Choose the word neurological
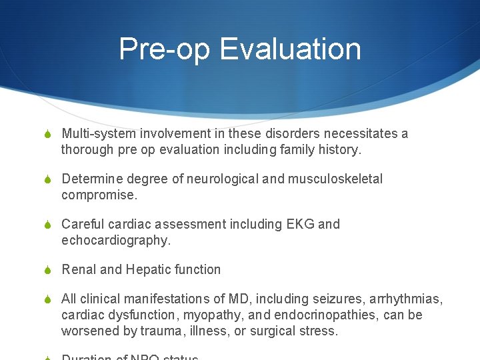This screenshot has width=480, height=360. coord(219,179)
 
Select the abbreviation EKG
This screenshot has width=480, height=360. coord(301,224)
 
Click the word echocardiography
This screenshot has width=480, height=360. coord(115,240)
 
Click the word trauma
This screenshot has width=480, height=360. coord(161,331)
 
